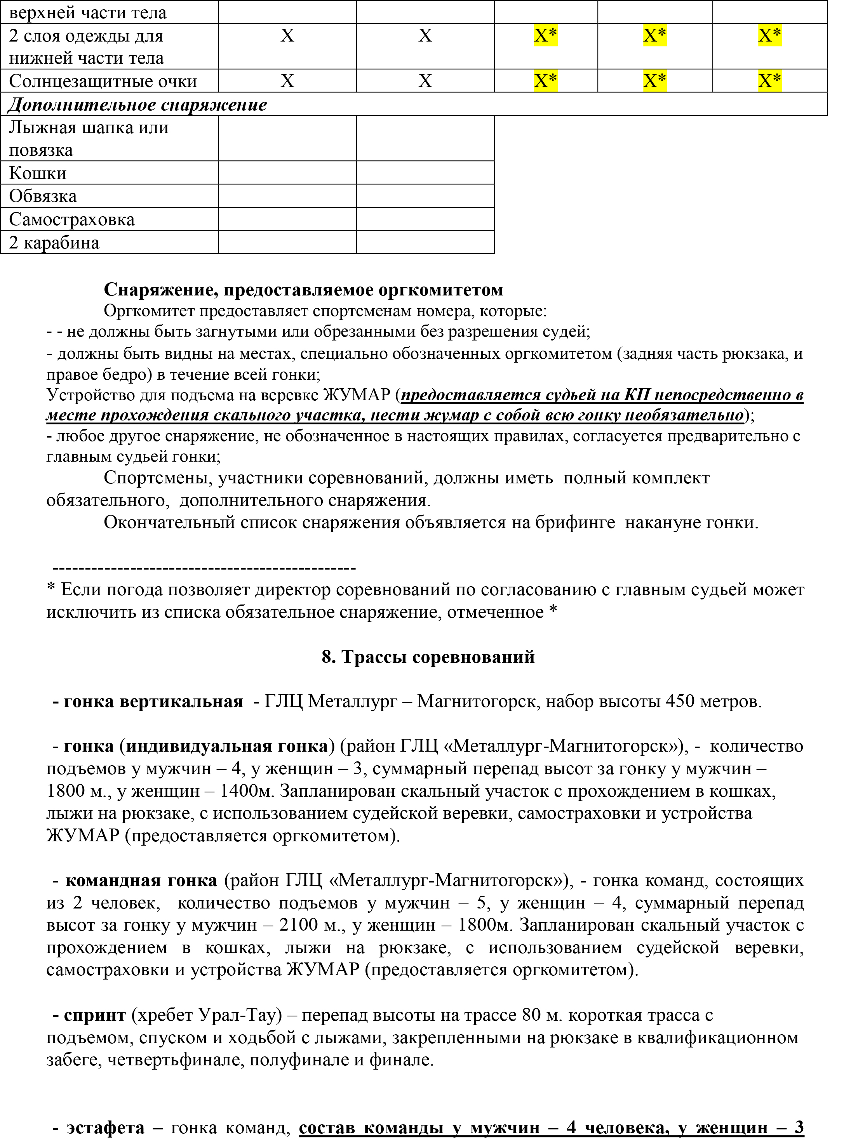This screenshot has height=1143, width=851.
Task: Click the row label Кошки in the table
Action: pos(38,173)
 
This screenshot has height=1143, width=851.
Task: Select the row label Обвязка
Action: pos(43,196)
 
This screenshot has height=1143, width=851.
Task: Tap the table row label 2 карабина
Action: pos(54,243)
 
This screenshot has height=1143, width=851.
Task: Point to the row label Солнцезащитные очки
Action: pos(103,82)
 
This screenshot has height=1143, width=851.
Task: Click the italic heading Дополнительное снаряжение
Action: pos(137,104)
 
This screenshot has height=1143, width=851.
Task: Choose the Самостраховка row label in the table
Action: pos(71,219)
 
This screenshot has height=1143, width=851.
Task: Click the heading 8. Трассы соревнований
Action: pos(428,657)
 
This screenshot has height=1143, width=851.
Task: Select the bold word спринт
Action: pos(95,1015)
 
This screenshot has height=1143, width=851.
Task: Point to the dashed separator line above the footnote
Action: pos(205,568)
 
